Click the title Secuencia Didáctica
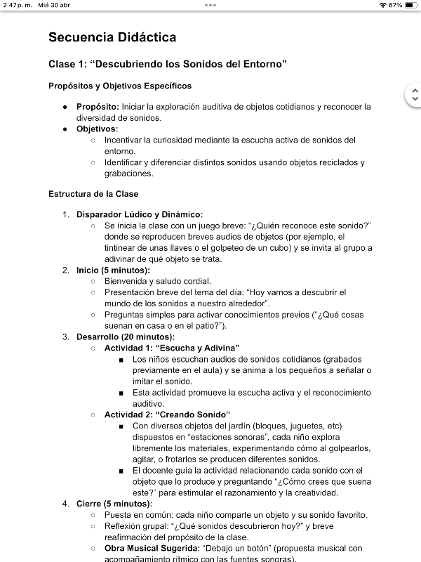click(x=112, y=37)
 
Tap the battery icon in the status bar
click(x=410, y=5)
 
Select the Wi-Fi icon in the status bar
click(x=382, y=5)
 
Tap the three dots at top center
click(x=210, y=5)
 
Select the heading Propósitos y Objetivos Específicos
click(x=120, y=86)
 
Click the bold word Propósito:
click(x=98, y=107)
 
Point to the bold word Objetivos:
click(x=97, y=129)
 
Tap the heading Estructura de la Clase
click(x=93, y=194)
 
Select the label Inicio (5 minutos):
click(x=113, y=270)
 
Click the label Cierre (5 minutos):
click(x=112, y=504)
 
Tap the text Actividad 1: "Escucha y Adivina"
click(x=172, y=348)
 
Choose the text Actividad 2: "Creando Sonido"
click(x=167, y=415)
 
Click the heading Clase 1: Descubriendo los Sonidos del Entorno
click(x=167, y=65)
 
